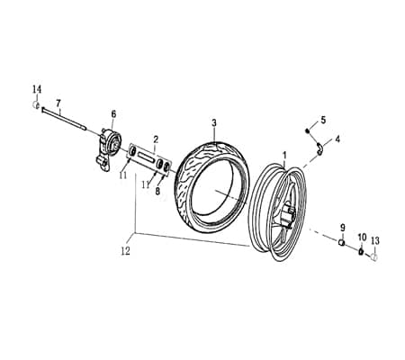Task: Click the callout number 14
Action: [37, 89]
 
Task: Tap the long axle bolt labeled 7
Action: [64, 119]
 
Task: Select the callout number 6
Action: [113, 114]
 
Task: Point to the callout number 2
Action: [156, 139]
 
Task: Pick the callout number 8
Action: [157, 191]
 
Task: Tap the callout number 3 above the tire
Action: [214, 122]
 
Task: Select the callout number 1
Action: [285, 156]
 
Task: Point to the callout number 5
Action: [323, 120]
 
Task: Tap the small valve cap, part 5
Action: [307, 130]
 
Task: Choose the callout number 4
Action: [337, 139]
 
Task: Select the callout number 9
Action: [343, 228]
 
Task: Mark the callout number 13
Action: [375, 240]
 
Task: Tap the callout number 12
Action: [126, 251]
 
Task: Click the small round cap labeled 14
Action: [36, 105]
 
